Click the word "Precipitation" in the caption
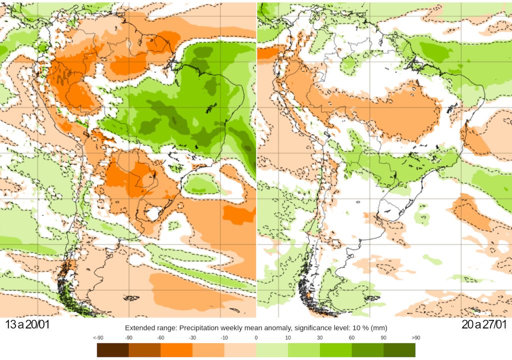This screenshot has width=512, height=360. (x=191, y=328)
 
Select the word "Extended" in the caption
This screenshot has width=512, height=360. (x=139, y=328)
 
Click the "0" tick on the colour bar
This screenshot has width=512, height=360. (x=256, y=338)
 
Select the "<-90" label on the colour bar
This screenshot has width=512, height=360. (x=100, y=338)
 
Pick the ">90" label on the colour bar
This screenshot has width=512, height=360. (x=415, y=338)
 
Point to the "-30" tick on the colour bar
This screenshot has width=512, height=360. (x=192, y=338)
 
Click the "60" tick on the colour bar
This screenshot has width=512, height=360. (x=352, y=338)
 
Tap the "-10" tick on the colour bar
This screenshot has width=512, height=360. (x=224, y=338)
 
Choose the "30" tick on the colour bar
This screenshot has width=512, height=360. (x=320, y=338)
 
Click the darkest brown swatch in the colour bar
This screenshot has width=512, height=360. (x=113, y=350)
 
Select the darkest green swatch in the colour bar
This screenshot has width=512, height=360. (x=399, y=350)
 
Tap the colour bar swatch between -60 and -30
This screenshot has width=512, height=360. (x=176, y=350)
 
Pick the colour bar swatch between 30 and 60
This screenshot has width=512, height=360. (x=336, y=350)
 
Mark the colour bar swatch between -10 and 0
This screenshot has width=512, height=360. (x=240, y=350)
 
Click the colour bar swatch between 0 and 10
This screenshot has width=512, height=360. (x=272, y=350)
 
